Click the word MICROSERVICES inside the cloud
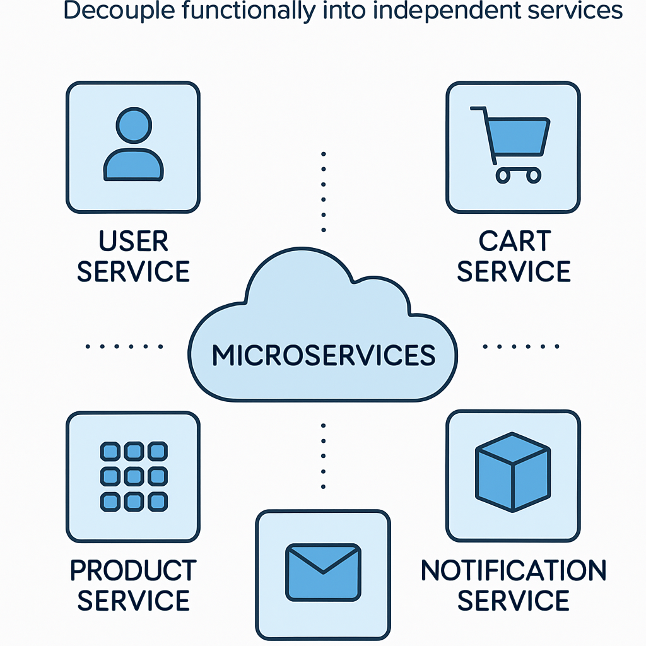click(x=323, y=356)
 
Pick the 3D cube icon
click(x=512, y=472)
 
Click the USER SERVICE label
click(x=133, y=257)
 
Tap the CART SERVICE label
click(x=514, y=257)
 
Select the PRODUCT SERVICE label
click(x=133, y=585)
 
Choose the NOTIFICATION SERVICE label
click(x=514, y=585)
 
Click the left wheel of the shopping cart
click(x=503, y=175)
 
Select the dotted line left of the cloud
click(x=124, y=346)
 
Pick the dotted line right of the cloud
click(x=521, y=346)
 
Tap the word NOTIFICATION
click(x=514, y=570)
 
